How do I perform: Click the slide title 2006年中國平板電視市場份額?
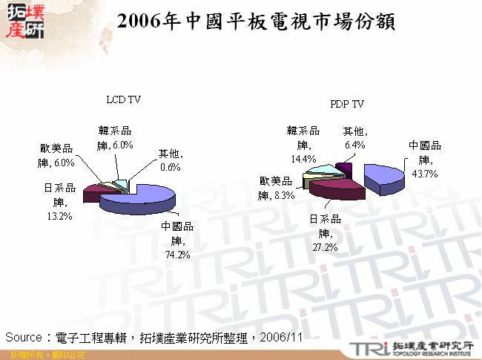click(255, 22)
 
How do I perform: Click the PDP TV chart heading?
click(346, 104)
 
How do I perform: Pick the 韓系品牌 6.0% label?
click(114, 138)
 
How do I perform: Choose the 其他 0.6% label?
click(171, 160)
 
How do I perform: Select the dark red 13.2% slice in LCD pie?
click(95, 194)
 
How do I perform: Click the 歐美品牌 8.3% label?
click(277, 189)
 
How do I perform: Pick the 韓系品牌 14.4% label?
click(303, 145)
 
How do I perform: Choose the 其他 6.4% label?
click(354, 138)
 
